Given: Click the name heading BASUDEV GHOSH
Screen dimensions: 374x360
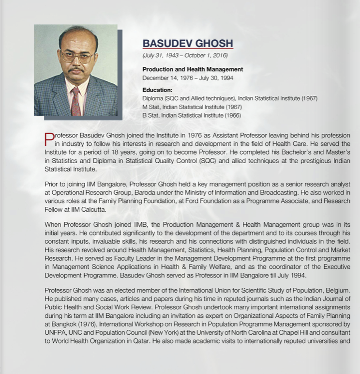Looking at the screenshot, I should coord(188,43).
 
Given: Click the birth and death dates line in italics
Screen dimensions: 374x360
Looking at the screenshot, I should coord(185,55).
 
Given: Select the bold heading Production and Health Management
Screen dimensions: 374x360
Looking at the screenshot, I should coord(193,69).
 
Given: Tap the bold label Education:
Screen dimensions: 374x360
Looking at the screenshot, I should coord(157,90).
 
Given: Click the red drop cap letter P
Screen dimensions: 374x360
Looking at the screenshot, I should coord(49,139).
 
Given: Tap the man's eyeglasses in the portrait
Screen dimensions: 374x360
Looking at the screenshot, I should coord(77,57).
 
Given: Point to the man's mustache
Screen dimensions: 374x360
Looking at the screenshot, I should coord(76,71).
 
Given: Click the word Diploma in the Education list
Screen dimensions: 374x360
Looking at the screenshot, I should coord(153,98).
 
